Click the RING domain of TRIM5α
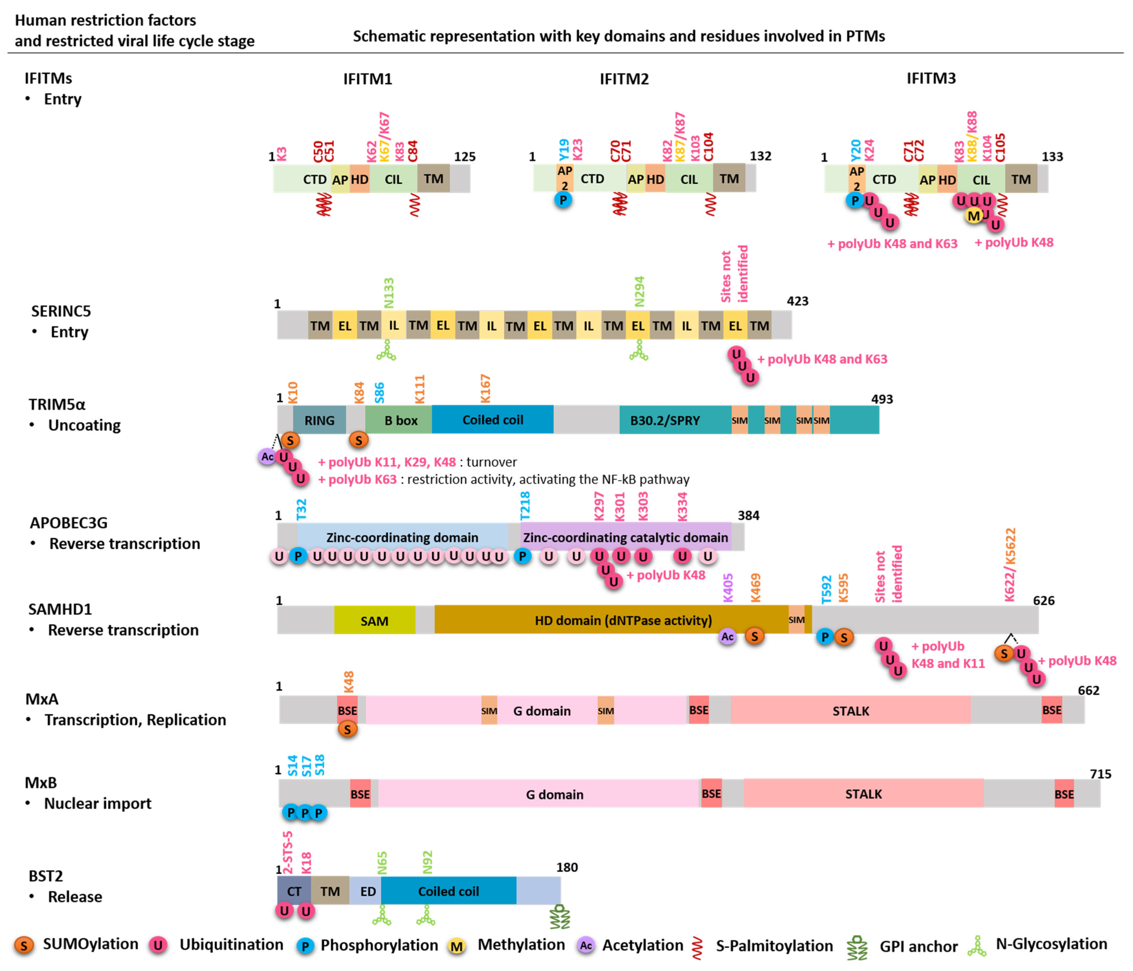pyautogui.click(x=319, y=420)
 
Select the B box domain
pyautogui.click(x=400, y=420)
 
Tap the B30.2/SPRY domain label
pyautogui.click(x=665, y=420)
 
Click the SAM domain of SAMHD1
pyautogui.click(x=375, y=621)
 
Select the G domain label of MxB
pyautogui.click(x=554, y=794)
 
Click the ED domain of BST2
pyautogui.click(x=368, y=891)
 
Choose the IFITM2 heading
pyautogui.click(x=624, y=79)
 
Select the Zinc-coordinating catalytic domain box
pyautogui.click(x=625, y=537)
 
